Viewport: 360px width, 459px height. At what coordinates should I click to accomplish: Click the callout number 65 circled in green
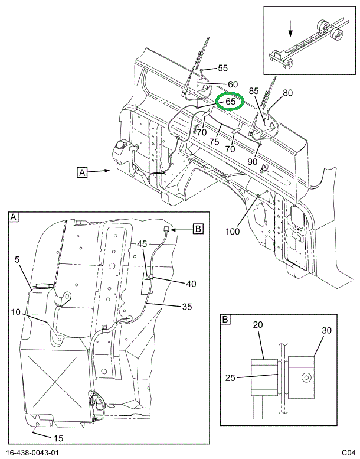pyautogui.click(x=230, y=102)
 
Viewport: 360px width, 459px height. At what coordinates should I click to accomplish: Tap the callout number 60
pyautogui.click(x=233, y=84)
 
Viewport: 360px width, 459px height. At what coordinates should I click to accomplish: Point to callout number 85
pyautogui.click(x=253, y=91)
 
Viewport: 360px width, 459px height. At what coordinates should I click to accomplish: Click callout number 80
pyautogui.click(x=287, y=92)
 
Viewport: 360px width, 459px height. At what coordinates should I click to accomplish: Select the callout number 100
pyautogui.click(x=233, y=232)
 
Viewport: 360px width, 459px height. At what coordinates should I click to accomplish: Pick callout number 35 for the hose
pyautogui.click(x=187, y=306)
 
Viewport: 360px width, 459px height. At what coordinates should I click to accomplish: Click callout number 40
pyautogui.click(x=191, y=284)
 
